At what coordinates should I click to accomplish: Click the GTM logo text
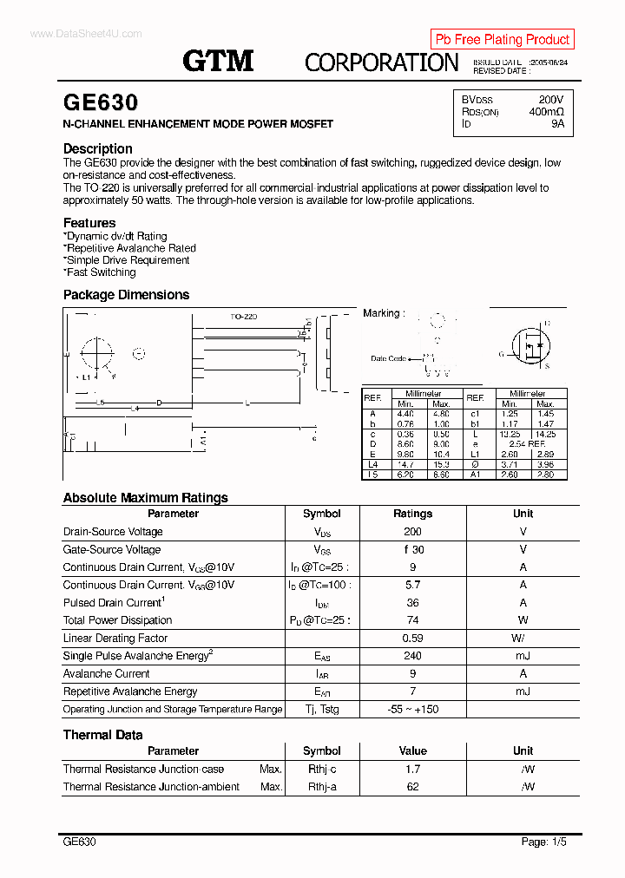[218, 61]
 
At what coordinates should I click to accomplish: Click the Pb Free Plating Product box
[502, 39]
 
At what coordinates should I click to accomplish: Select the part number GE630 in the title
[101, 103]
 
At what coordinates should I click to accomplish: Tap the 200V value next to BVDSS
[550, 100]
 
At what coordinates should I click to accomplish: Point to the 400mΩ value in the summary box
[546, 112]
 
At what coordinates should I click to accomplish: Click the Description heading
[98, 148]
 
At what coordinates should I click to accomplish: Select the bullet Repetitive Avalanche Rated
[130, 248]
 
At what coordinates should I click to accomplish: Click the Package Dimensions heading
[126, 295]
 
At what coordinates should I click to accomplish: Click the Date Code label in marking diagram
[388, 358]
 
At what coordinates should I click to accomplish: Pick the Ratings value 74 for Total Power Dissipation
[412, 620]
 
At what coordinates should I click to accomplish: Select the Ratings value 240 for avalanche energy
[412, 656]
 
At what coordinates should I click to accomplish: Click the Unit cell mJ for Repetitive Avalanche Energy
[523, 691]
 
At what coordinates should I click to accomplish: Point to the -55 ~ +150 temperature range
[412, 710]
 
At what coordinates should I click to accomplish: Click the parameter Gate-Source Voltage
[112, 549]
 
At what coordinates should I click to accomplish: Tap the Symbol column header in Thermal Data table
[322, 750]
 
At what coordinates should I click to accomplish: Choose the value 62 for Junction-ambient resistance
[412, 787]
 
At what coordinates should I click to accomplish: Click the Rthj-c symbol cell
[322, 770]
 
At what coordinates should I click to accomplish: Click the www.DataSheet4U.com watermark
[85, 33]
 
